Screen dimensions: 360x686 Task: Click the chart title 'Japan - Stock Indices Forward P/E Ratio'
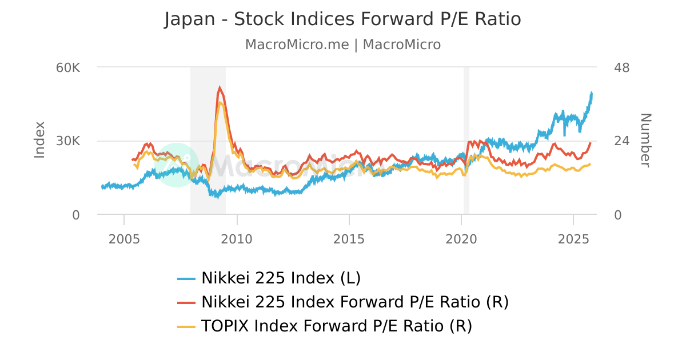coord(342,19)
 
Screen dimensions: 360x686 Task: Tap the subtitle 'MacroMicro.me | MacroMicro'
coord(342,45)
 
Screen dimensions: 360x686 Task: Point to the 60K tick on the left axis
coord(69,67)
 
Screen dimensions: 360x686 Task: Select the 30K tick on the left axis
coord(69,141)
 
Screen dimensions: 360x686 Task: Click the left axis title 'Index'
coord(39,140)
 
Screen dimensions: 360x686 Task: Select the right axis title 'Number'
coord(645,141)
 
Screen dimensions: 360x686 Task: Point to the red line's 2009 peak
coord(220,87)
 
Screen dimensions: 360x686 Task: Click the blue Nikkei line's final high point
coord(592,93)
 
